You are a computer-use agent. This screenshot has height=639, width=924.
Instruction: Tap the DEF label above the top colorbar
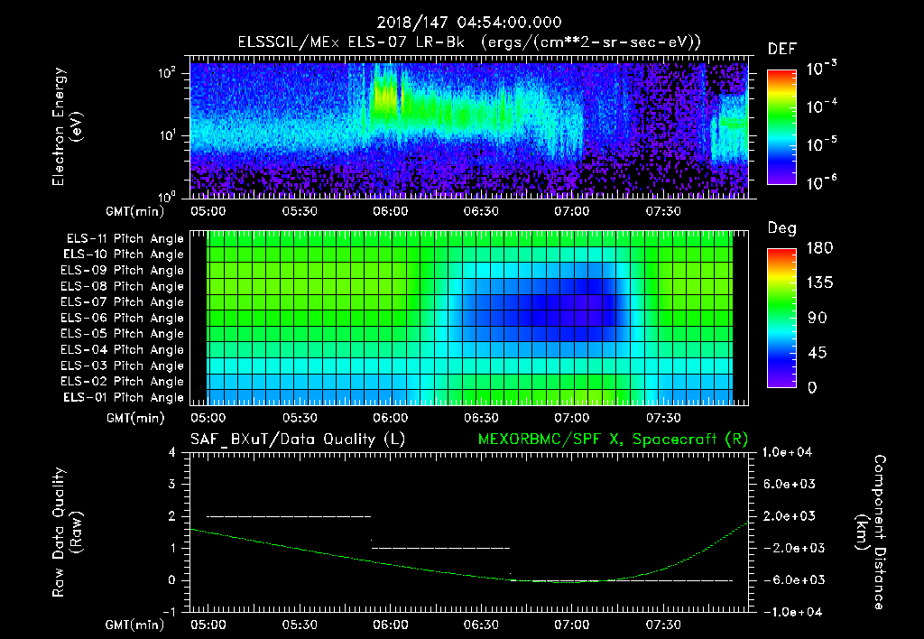coord(781,49)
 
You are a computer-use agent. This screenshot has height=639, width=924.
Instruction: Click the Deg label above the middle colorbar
coord(781,228)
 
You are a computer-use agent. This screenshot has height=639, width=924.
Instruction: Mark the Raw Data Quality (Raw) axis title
coord(67,532)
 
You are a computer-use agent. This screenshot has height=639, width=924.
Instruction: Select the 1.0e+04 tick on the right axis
coord(790,452)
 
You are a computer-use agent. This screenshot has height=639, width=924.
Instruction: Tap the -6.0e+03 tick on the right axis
coord(790,579)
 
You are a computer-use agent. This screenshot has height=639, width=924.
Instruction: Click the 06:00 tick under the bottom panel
coord(391,625)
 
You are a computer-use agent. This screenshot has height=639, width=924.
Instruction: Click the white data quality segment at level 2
coord(289,516)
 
